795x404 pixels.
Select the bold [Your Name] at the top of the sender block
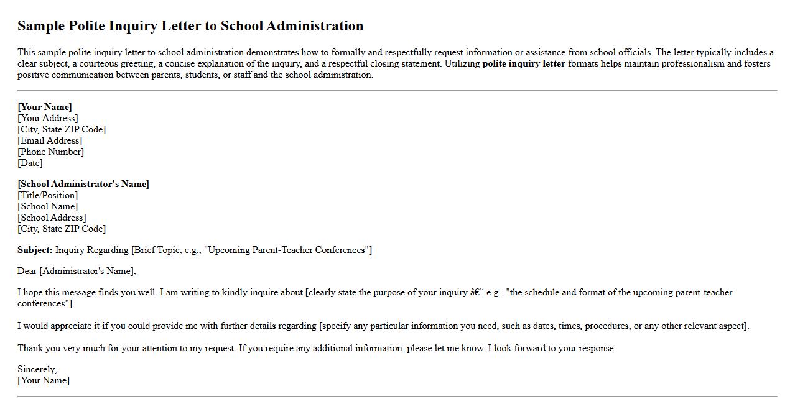[x=45, y=107]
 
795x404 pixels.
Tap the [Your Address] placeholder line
[x=48, y=118]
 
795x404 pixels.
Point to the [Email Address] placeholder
[x=50, y=140]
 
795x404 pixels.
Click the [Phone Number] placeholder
[x=50, y=152]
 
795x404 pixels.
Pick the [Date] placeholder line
[x=30, y=163]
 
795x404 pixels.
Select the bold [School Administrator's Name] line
[x=83, y=184]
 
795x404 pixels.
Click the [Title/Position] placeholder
[x=48, y=195]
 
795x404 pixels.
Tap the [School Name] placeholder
[x=48, y=206]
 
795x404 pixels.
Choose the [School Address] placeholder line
[x=52, y=218]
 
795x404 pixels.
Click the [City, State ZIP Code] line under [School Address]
[x=62, y=229]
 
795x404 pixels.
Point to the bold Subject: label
[x=35, y=250]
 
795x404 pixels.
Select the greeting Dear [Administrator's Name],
[x=77, y=271]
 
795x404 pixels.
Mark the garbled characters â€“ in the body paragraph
[x=478, y=292]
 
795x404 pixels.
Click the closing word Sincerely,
[x=37, y=369]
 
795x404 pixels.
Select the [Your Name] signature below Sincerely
[x=44, y=380]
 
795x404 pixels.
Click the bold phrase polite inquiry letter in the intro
[x=524, y=63]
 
